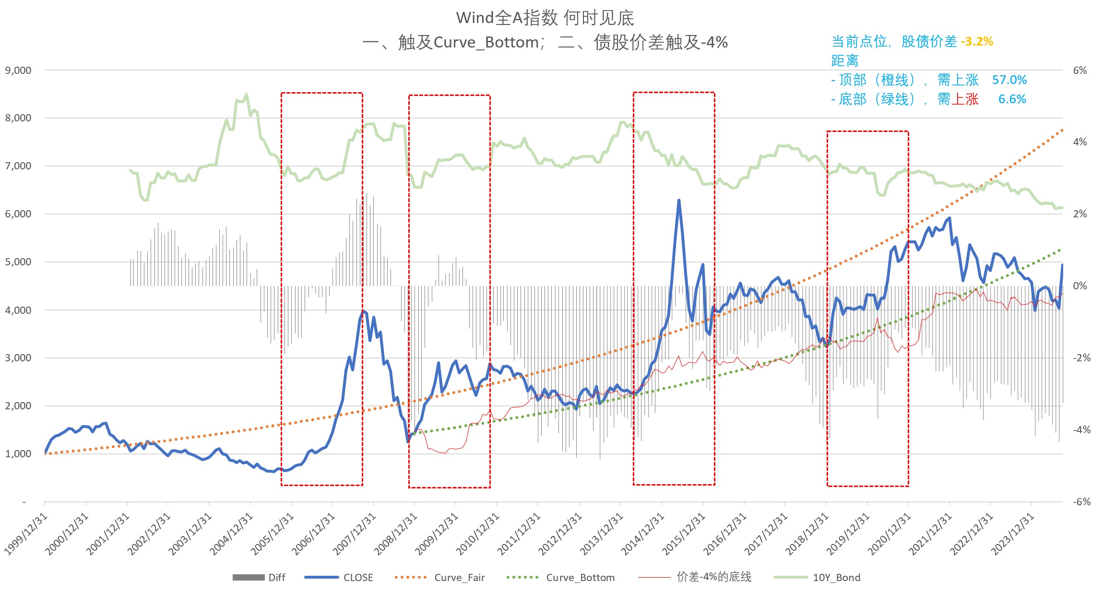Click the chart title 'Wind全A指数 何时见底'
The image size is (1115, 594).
click(545, 18)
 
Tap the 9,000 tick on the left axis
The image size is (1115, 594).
click(18, 71)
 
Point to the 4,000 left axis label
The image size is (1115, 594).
click(18, 310)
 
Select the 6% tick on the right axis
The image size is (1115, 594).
click(1079, 71)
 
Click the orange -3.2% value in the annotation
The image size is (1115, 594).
click(977, 42)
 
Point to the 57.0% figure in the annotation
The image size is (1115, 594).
click(1009, 80)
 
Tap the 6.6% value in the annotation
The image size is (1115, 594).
click(1012, 99)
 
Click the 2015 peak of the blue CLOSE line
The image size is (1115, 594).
click(678, 201)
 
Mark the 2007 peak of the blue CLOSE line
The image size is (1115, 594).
click(363, 311)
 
